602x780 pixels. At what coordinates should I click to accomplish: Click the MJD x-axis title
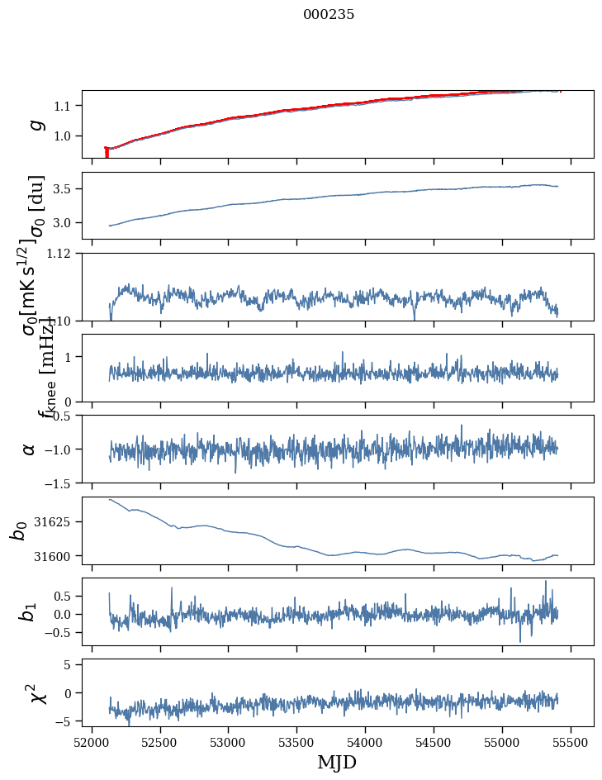[x=337, y=763]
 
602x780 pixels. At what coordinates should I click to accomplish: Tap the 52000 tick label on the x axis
[x=92, y=741]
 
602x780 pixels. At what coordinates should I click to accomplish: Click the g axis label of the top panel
[x=35, y=124]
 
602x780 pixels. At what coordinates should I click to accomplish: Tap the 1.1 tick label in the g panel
[x=64, y=106]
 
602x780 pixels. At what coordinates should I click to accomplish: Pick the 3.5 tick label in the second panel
[x=64, y=189]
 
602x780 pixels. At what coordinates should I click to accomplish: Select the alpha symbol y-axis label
[x=30, y=449]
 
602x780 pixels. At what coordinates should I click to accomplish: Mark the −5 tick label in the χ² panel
[x=64, y=721]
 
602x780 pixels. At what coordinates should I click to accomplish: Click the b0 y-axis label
[x=18, y=530]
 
